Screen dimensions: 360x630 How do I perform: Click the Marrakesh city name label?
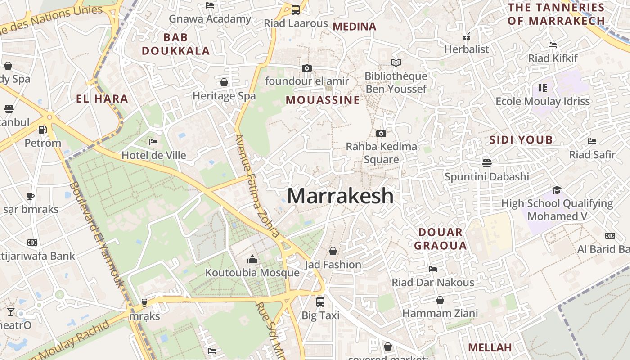[340, 196]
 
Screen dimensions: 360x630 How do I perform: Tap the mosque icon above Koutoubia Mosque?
[252, 260]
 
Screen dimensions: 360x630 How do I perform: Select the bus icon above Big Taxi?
[320, 301]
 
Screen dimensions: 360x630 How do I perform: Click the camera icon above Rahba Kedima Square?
[381, 133]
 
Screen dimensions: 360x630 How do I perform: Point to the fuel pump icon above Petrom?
[42, 130]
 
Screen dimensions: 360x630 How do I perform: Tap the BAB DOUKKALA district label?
[175, 44]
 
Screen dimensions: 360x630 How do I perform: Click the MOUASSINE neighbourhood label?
[323, 100]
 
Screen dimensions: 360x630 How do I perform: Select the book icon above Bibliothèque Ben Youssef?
[396, 63]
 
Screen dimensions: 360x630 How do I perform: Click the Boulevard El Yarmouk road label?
[97, 234]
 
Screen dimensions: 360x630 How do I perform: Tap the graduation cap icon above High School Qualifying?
[557, 190]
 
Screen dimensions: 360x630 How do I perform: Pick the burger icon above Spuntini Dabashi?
[486, 163]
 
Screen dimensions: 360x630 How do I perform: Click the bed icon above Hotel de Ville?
[153, 142]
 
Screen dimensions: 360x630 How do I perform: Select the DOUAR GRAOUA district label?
[440, 239]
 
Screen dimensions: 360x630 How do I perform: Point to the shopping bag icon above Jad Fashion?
[333, 251]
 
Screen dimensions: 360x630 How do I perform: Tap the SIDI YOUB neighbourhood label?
[521, 140]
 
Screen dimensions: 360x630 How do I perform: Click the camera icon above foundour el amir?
[307, 68]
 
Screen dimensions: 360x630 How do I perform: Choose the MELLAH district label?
[490, 347]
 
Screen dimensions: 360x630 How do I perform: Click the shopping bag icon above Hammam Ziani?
[440, 300]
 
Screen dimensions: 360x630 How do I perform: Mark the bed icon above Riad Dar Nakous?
[433, 269]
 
